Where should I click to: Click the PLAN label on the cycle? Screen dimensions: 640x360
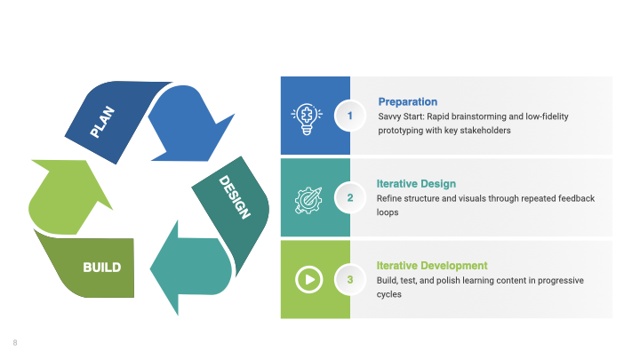tap(102, 122)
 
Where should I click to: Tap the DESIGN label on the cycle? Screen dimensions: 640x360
tap(235, 196)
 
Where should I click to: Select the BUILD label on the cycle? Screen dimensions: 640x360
tap(102, 268)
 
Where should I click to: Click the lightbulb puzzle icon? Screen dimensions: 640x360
tap(307, 119)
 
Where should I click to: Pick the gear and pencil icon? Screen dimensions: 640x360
tap(308, 200)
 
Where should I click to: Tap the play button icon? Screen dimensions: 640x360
tap(309, 280)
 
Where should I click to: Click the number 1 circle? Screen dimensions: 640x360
tap(350, 116)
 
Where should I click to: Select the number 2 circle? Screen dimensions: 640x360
tap(350, 198)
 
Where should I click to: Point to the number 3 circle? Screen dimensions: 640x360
tap(350, 280)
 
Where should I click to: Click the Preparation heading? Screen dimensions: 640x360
tap(408, 102)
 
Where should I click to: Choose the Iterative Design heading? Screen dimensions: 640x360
tap(416, 184)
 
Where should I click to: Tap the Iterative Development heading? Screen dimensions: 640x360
tap(432, 266)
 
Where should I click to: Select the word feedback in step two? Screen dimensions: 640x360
tap(576, 198)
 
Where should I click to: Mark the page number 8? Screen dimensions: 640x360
tap(15, 343)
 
